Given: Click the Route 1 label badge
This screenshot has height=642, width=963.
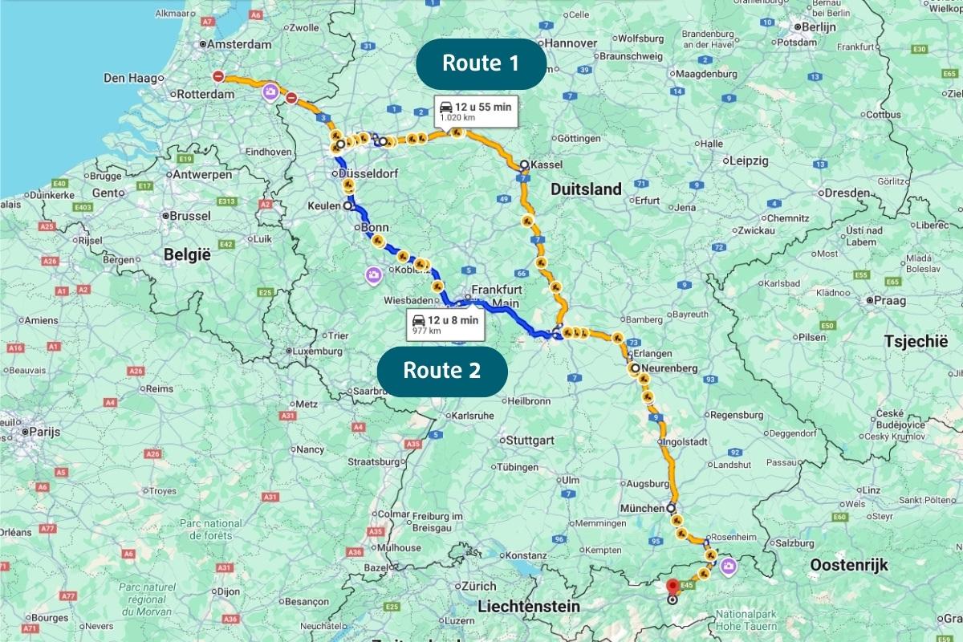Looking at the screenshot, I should (x=481, y=63).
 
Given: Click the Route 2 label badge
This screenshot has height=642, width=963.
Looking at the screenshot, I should (x=442, y=370).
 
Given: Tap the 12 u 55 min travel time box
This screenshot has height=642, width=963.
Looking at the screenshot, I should (x=474, y=111).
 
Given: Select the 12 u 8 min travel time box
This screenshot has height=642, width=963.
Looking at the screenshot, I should (x=445, y=323).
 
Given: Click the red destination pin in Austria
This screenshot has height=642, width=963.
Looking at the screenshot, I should (x=672, y=586).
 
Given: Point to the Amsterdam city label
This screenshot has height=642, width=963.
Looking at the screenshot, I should (x=241, y=44).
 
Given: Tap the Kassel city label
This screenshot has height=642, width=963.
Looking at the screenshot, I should (x=547, y=165).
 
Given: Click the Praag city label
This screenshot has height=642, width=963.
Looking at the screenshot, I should (x=890, y=301).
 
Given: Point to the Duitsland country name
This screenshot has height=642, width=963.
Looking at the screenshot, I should (x=586, y=189).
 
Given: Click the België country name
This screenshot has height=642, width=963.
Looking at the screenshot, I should (x=186, y=254).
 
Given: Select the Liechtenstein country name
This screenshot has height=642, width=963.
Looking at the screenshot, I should (x=528, y=607).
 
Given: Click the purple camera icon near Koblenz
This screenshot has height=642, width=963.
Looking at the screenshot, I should (x=373, y=277).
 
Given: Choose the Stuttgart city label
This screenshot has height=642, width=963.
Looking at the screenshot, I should (x=530, y=441).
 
